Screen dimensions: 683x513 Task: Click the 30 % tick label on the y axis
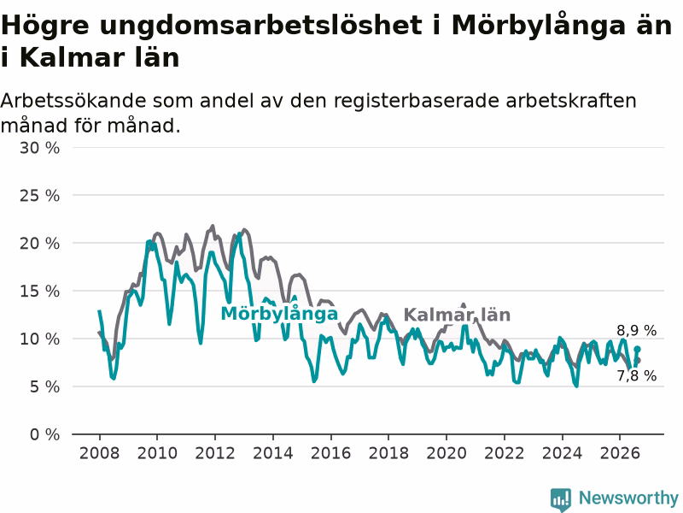coord(39,148)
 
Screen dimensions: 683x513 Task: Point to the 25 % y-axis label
coord(39,196)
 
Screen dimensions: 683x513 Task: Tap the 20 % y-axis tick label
coord(39,244)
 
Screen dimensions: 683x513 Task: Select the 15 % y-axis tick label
coord(39,291)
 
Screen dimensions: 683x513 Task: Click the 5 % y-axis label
coord(45,386)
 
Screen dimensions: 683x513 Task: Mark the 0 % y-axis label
coord(45,434)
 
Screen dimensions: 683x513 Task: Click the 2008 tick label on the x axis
coord(99,453)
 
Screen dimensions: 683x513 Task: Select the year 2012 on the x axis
coord(215,453)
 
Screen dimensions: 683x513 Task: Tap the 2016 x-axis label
coord(330,453)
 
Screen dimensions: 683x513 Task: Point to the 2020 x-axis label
coord(447,453)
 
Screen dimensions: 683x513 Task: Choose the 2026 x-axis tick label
coord(620,453)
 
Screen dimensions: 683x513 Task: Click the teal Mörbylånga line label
coord(280,314)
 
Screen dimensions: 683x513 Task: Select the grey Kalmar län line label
coord(457,315)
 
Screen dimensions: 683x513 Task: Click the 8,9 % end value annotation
coord(636,331)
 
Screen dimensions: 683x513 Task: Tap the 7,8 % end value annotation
coord(636,375)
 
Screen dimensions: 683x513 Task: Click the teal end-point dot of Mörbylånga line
coord(637,349)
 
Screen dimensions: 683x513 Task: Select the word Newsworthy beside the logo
coord(628,498)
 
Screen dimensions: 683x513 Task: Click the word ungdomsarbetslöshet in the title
coord(260,27)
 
